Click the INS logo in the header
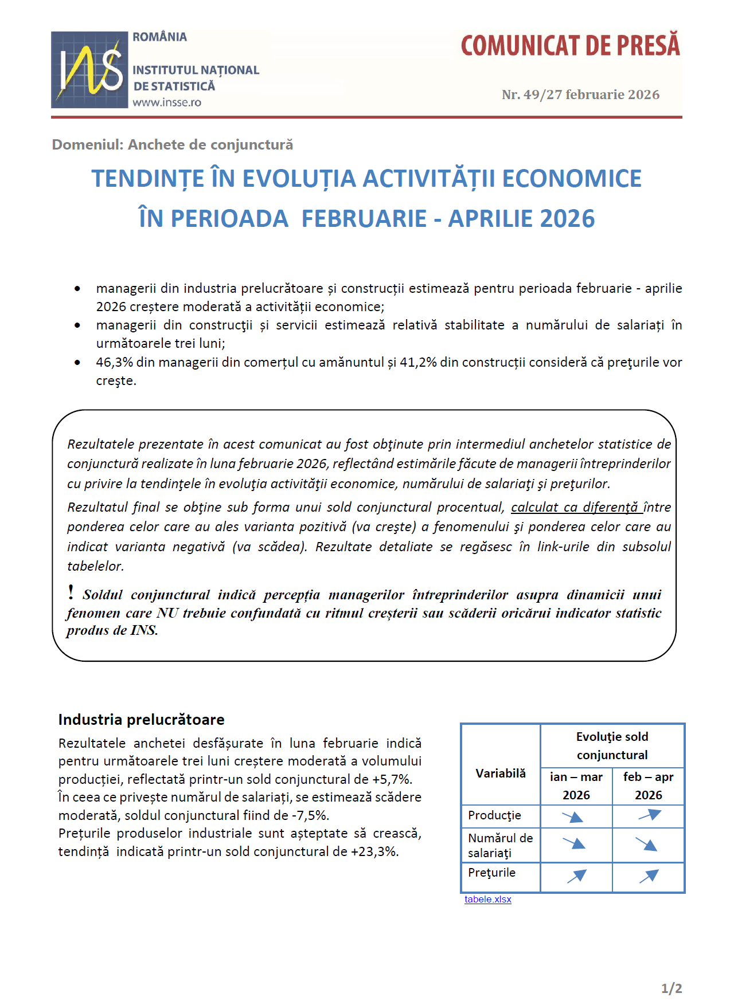(89, 69)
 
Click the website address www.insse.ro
(167, 103)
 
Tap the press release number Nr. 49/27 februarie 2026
(580, 95)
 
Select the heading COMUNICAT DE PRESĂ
(570, 46)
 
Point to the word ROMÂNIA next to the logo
(159, 37)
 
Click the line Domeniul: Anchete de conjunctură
(172, 144)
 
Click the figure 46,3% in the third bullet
(114, 362)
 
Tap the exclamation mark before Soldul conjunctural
(71, 592)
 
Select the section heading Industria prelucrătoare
(141, 720)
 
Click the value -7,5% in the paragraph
(310, 815)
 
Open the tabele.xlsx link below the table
(487, 899)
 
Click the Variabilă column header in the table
(500, 774)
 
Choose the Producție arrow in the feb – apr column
(649, 815)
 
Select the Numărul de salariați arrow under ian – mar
(575, 843)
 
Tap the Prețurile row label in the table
(491, 873)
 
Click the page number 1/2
(671, 988)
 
